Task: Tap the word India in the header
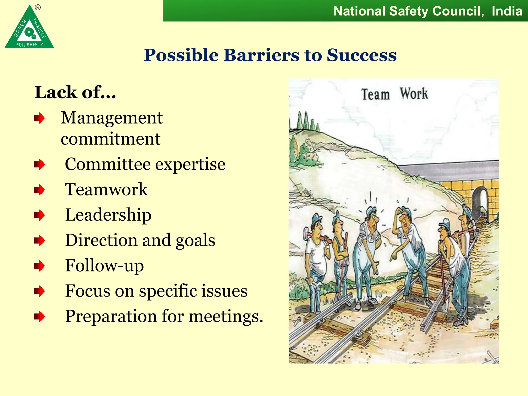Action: point(507,11)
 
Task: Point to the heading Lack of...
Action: point(75,92)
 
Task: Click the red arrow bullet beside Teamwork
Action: point(39,190)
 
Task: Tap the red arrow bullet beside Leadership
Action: point(39,215)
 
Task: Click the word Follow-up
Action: point(104,266)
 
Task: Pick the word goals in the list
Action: point(195,240)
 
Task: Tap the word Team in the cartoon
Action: point(375,94)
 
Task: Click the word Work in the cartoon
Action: point(414,94)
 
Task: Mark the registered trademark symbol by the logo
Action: point(38,8)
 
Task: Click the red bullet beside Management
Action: point(39,118)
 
